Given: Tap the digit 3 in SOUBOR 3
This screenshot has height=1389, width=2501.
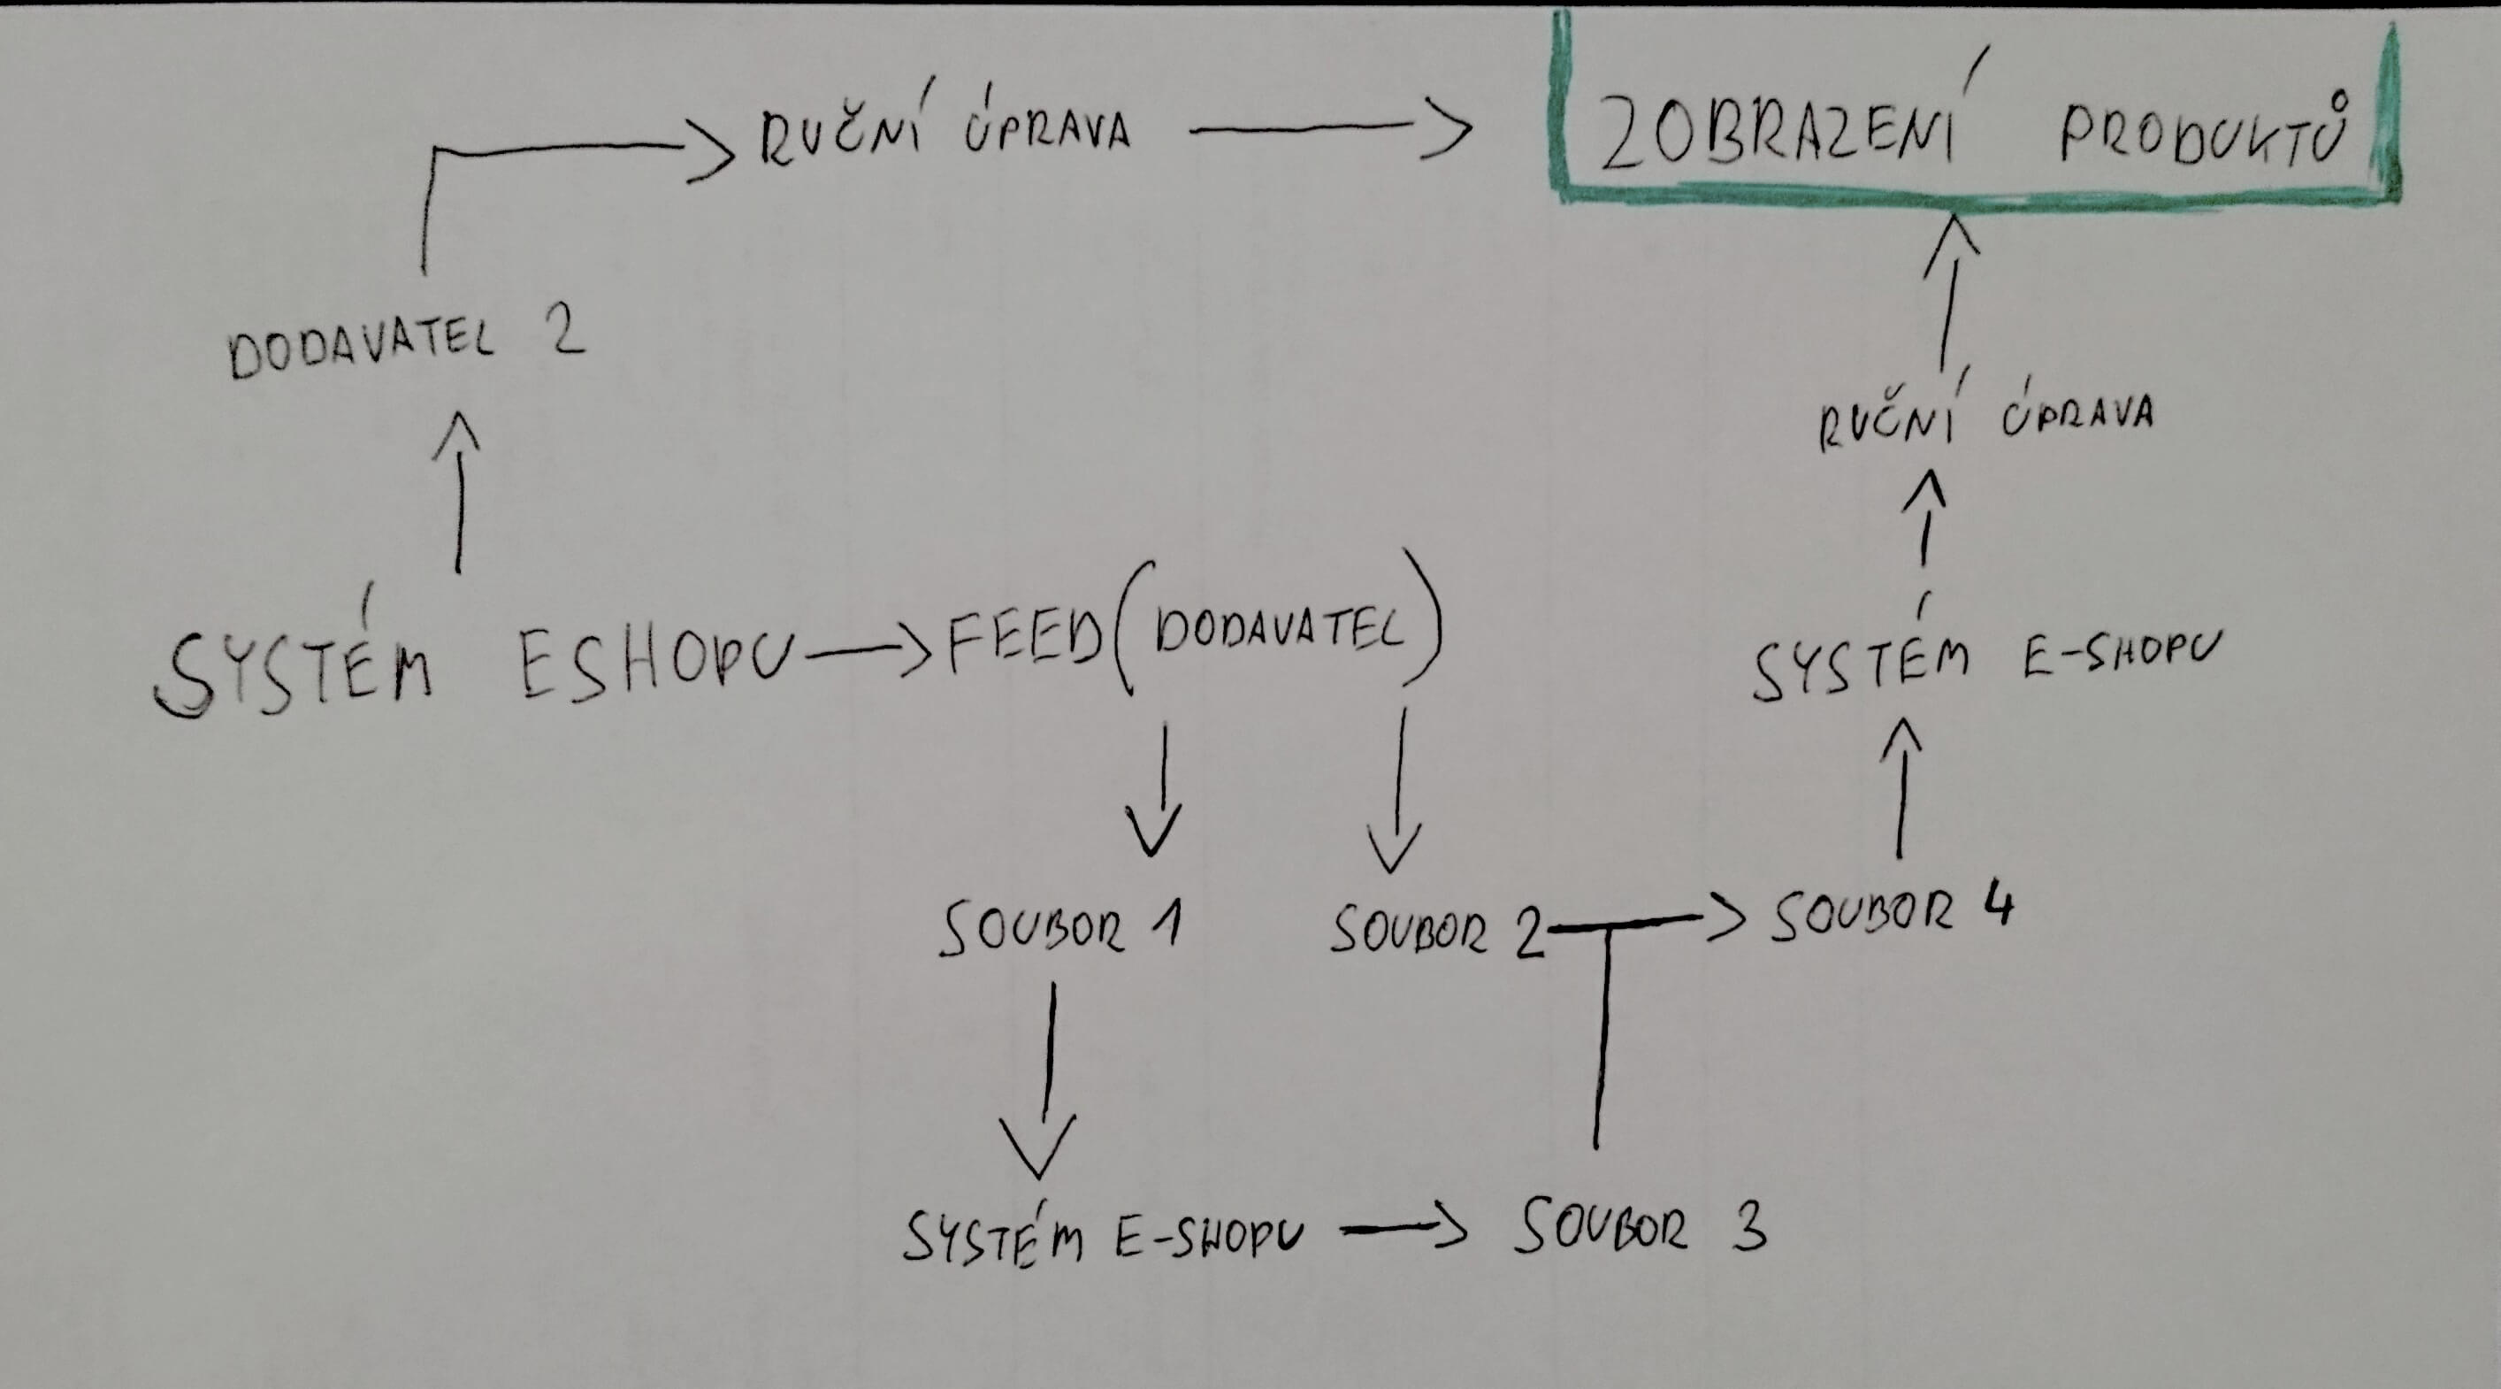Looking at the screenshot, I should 1747,1226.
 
